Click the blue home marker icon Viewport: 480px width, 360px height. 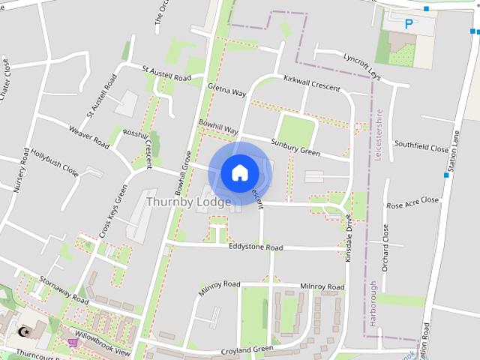(x=239, y=173)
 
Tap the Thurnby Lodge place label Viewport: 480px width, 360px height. (x=188, y=202)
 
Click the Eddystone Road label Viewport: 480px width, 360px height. (x=256, y=247)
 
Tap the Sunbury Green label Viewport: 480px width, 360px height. (x=295, y=147)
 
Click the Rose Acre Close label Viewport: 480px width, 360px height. (x=412, y=202)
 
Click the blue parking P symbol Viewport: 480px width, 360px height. (x=409, y=24)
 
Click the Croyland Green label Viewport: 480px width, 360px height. (x=247, y=349)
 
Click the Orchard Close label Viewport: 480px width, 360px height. (x=385, y=247)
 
